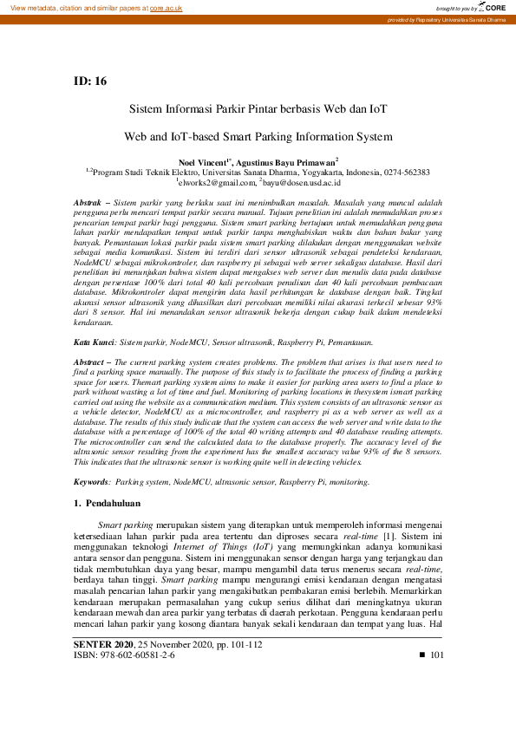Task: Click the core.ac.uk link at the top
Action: (x=167, y=7)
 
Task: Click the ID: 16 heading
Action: (x=90, y=81)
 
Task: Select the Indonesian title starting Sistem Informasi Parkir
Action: (x=258, y=110)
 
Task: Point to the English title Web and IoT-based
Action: (x=258, y=136)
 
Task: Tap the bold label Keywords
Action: (x=91, y=481)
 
